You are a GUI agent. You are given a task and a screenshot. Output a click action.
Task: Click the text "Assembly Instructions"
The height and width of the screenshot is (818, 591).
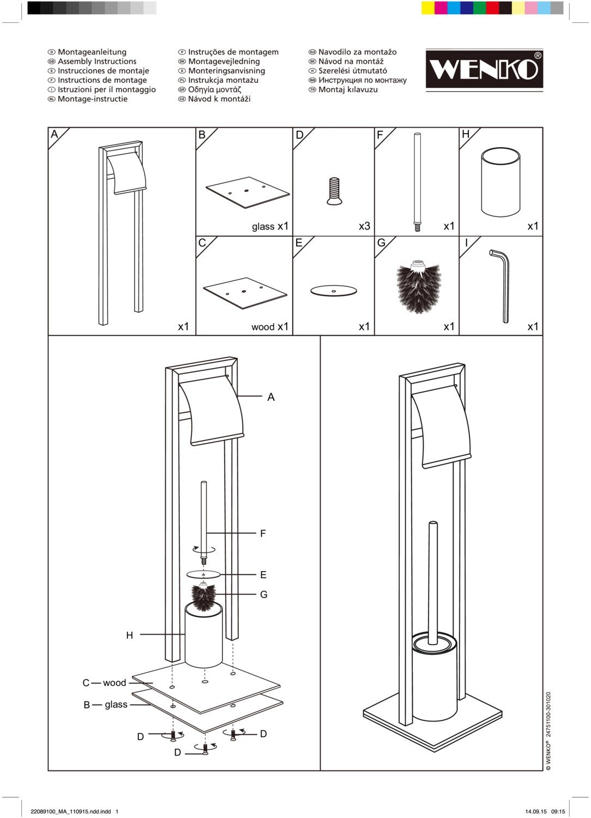pos(97,61)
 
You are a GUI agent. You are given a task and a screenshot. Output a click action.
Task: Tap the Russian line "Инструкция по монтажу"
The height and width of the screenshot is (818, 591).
pos(363,80)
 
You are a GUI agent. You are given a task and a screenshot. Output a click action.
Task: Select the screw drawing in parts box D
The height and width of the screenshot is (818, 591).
pos(334,191)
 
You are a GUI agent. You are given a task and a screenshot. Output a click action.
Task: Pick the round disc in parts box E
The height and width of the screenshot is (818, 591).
pos(334,291)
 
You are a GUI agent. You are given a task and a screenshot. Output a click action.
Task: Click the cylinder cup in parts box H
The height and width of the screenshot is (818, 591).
pos(500,182)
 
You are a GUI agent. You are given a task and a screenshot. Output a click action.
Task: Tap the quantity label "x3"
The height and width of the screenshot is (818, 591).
pos(364,226)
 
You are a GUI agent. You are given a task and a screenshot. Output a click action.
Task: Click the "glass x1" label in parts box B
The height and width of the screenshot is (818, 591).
pos(270,226)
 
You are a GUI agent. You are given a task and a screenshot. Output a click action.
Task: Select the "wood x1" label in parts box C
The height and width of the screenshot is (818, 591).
pos(270,327)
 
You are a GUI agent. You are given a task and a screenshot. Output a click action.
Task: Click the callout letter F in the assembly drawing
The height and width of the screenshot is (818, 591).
pos(263,533)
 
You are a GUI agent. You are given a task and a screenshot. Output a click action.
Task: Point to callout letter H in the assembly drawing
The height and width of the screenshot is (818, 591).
pos(130,635)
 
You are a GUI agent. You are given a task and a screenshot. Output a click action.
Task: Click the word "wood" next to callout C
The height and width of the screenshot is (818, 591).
pos(114,683)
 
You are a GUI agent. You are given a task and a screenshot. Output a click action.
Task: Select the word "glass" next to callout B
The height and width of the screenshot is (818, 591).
pos(116,705)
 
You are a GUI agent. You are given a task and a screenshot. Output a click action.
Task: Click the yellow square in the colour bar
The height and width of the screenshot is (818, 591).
pos(428,8)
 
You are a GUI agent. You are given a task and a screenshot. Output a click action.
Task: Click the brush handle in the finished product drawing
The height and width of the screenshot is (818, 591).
pos(433,584)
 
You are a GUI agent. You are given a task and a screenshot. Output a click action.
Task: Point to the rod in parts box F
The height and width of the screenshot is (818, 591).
pos(417,183)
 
